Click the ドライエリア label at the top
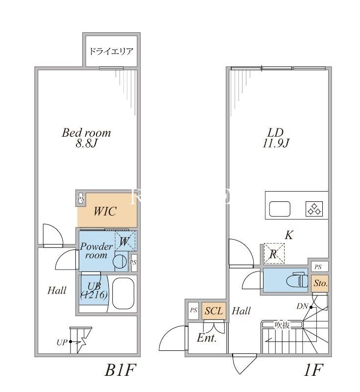point(111,51)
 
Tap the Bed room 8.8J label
point(86,138)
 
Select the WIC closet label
point(105,212)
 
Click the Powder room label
point(96,251)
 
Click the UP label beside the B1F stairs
point(62,342)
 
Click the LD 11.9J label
point(276,138)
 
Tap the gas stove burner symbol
point(314,209)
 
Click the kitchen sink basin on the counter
point(280,209)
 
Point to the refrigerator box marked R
point(273,254)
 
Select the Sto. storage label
point(320,283)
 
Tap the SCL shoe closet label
point(214,311)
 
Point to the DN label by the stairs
point(302,306)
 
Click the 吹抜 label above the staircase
point(283,324)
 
